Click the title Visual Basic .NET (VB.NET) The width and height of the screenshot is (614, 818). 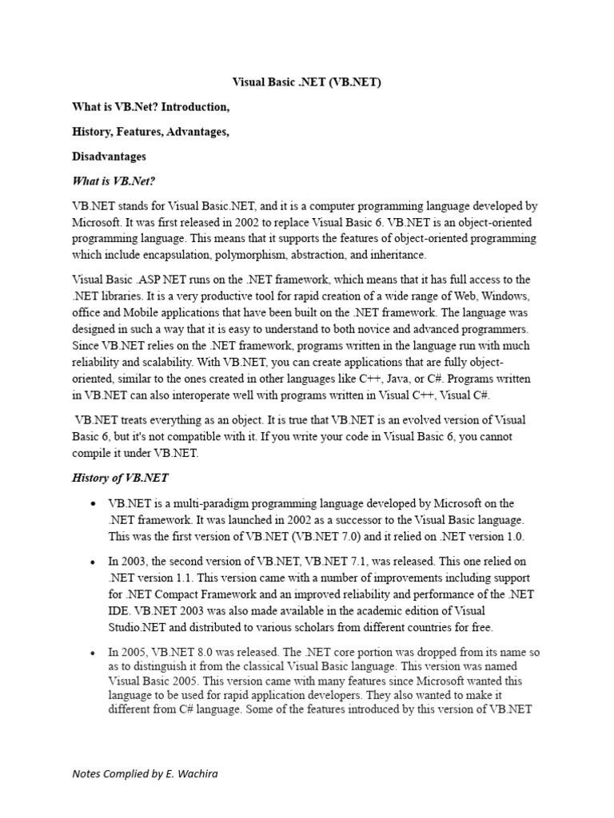point(306,81)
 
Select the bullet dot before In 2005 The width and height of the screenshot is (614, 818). point(94,653)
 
